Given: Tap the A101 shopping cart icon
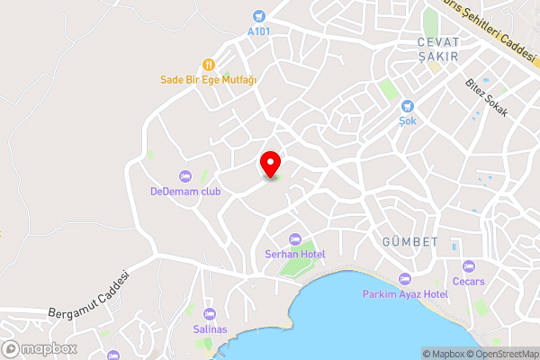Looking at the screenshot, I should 259,15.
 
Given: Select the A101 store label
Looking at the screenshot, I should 259,31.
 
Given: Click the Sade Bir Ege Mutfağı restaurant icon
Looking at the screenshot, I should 209,64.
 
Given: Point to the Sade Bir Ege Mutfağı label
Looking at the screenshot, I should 209,79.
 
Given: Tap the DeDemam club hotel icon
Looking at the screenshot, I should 185,175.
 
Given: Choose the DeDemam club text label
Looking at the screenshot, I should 185,191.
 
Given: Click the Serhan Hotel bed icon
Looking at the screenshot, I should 294,238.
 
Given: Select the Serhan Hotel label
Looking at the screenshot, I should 294,254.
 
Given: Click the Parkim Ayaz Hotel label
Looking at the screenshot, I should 405,294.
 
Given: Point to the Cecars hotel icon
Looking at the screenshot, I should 468,266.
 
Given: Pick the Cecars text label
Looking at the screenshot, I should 468,282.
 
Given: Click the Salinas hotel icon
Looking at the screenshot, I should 210,313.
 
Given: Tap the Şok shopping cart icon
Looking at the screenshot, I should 407,105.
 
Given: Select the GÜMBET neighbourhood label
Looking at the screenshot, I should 409,242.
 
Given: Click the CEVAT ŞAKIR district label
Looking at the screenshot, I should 438,49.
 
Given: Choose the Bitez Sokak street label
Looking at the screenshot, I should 487,98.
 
